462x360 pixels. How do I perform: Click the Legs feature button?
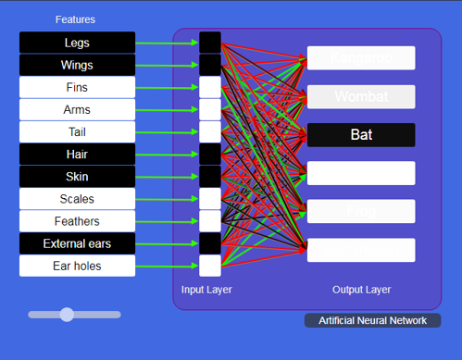[77, 43]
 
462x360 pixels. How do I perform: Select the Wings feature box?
[77, 65]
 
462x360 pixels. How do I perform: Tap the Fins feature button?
[77, 87]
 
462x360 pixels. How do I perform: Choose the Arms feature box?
[77, 109]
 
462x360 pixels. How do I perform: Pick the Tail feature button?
[77, 131]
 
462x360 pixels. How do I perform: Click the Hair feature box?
[77, 154]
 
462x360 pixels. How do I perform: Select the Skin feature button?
[77, 176]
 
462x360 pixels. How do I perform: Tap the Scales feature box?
[77, 198]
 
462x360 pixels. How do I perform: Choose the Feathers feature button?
[77, 221]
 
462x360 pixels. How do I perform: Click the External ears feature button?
[77, 243]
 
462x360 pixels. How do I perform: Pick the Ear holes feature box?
[77, 266]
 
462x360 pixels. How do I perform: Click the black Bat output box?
[361, 134]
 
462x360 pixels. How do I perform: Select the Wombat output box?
[361, 96]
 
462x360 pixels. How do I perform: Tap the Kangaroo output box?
[361, 58]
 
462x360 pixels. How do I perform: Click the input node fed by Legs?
[210, 43]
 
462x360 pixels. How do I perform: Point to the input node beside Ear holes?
[210, 266]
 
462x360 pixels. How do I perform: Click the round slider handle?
[67, 315]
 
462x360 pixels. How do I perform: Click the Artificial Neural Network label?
[372, 320]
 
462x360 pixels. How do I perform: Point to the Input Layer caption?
[206, 290]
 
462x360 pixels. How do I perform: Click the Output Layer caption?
[361, 290]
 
